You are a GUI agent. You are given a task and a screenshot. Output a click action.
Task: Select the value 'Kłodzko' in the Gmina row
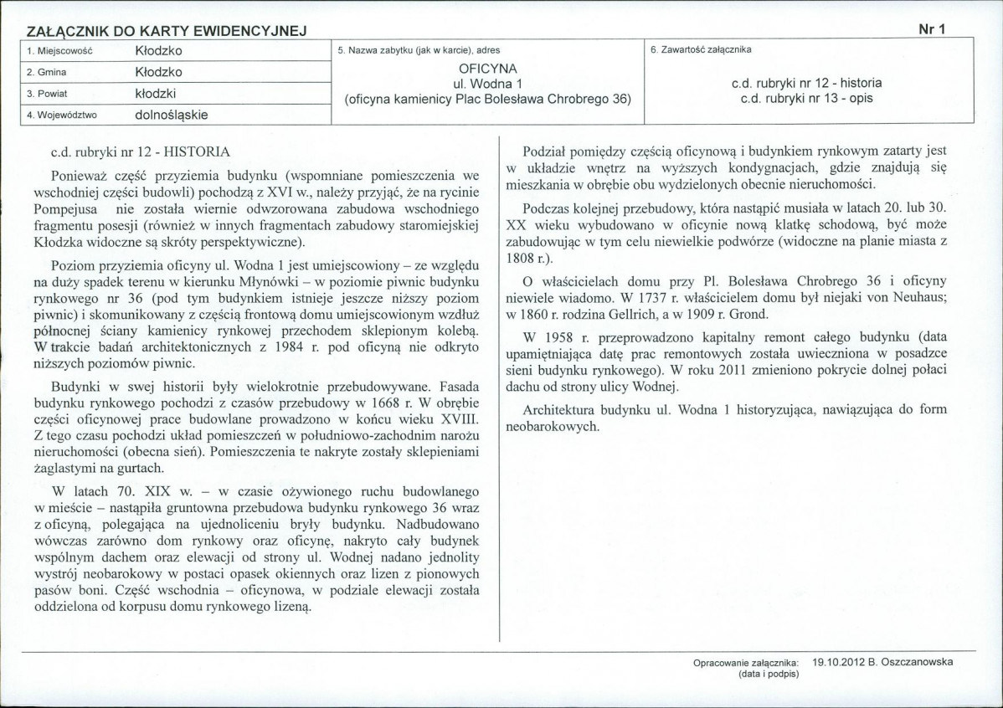(x=158, y=72)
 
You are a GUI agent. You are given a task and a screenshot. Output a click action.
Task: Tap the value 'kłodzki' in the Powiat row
(x=154, y=93)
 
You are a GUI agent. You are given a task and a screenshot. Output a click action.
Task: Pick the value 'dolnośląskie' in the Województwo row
(x=171, y=114)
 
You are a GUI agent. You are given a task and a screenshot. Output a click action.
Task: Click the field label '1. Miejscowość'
(x=59, y=51)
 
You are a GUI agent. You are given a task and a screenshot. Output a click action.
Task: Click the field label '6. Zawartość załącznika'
(x=701, y=50)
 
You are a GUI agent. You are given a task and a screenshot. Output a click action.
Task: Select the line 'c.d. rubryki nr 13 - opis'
(x=807, y=98)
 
